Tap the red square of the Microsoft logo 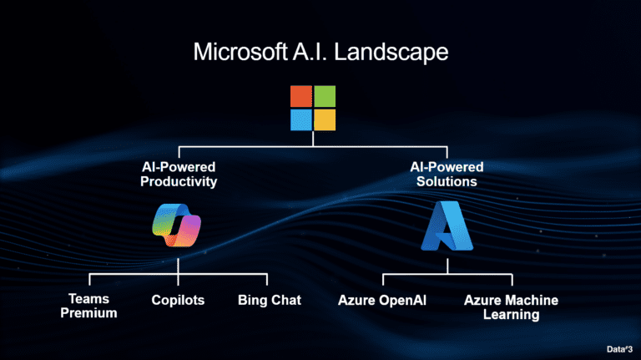(x=301, y=96)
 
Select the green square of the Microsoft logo (x=325, y=96)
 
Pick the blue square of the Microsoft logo (x=301, y=119)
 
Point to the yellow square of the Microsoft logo (x=325, y=119)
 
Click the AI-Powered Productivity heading (x=179, y=174)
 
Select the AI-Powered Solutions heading (x=447, y=174)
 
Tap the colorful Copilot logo (x=177, y=224)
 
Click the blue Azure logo (x=447, y=226)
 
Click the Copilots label (x=178, y=300)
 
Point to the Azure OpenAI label (x=382, y=300)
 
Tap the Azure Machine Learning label (x=511, y=307)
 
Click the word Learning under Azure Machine (x=511, y=315)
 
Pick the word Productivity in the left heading (x=179, y=181)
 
